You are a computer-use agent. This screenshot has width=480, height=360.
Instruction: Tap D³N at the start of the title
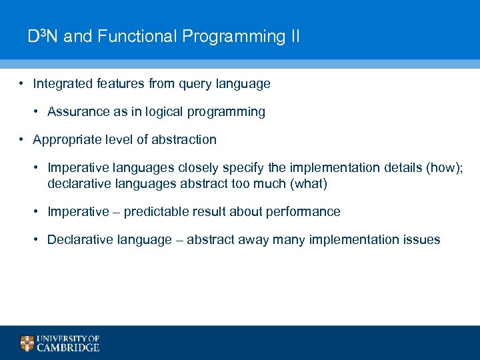pos(43,36)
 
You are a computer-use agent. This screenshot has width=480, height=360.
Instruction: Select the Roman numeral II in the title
pos(294,36)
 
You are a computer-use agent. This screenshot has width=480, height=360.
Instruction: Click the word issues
pos(421,240)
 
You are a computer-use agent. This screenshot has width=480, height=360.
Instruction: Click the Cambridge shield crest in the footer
pos(27,343)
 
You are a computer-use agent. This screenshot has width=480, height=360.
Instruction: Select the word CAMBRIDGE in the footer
pos(68,347)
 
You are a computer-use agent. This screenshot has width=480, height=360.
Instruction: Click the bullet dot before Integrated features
pos(22,84)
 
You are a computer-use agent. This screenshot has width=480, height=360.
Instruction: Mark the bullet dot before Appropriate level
pos(22,140)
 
